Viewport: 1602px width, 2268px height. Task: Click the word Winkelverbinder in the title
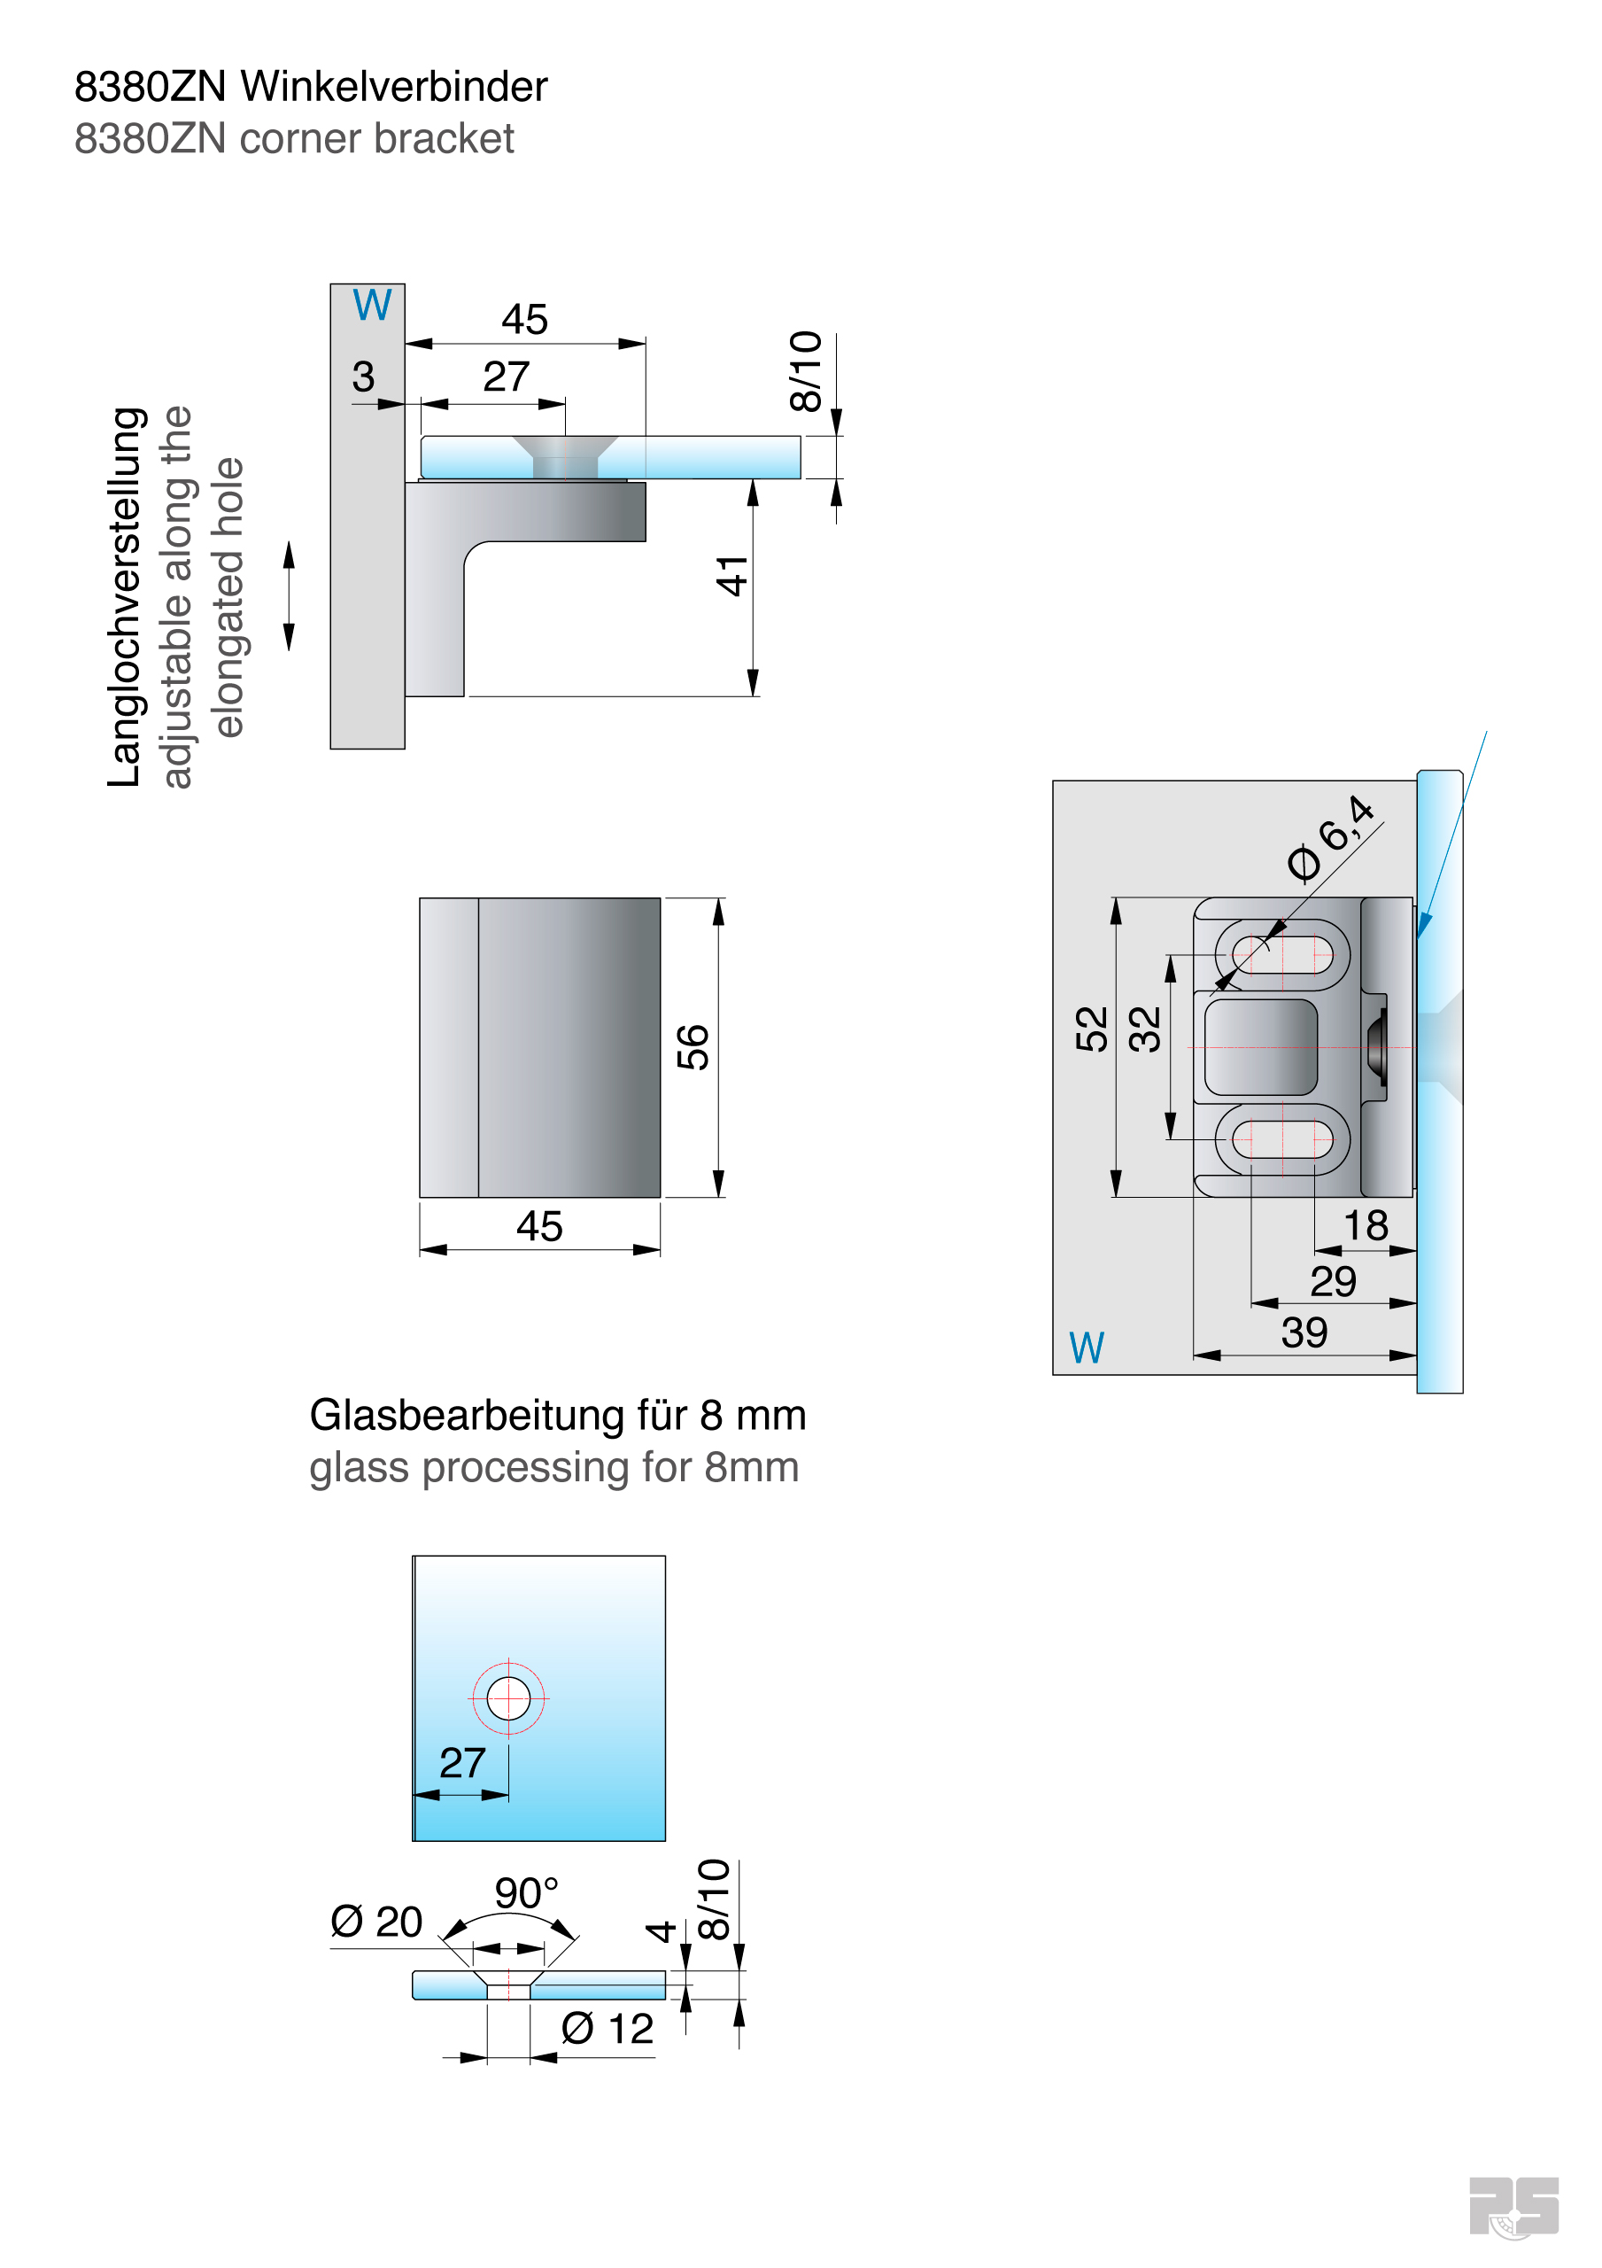click(x=393, y=87)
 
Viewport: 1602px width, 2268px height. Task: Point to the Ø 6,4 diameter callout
click(x=1331, y=838)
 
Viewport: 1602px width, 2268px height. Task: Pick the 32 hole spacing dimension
click(x=1145, y=1029)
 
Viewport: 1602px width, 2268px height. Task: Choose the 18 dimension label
click(x=1366, y=1226)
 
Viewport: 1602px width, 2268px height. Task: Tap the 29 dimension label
click(x=1334, y=1282)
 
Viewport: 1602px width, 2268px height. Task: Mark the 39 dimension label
click(x=1304, y=1333)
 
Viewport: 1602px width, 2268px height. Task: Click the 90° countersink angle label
click(x=526, y=1893)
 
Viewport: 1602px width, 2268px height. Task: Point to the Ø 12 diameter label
click(x=608, y=2029)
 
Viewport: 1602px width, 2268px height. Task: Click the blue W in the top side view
click(x=372, y=306)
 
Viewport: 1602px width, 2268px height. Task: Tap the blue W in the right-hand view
click(x=1087, y=1348)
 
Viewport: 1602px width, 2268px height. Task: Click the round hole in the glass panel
click(x=508, y=1698)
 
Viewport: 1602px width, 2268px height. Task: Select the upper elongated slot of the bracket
click(x=1283, y=955)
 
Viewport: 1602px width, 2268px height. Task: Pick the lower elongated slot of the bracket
click(x=1283, y=1139)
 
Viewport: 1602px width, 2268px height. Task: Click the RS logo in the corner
click(x=1513, y=2207)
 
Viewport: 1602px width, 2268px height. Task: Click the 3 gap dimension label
click(x=363, y=377)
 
